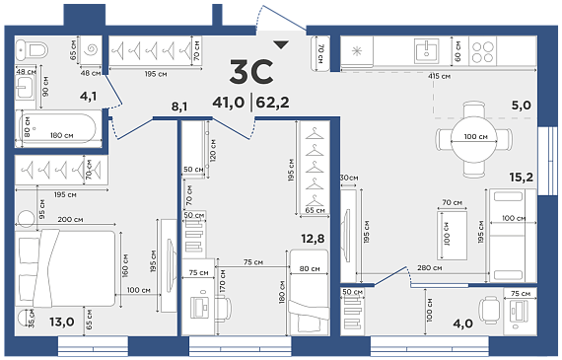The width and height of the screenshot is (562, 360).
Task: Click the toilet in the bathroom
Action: point(32,50)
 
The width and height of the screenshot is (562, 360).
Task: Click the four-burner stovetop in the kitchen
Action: point(483,52)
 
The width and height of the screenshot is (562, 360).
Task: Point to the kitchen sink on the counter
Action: point(426,51)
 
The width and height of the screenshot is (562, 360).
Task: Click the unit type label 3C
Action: point(251,72)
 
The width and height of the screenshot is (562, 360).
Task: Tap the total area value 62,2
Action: point(272,103)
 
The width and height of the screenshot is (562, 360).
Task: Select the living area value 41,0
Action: point(229,103)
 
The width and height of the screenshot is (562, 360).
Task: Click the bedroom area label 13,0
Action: point(62,322)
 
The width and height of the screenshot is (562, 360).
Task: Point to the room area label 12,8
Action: point(313,239)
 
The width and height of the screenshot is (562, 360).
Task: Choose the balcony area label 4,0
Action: point(462,324)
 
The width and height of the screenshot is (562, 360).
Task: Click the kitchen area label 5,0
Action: point(521,106)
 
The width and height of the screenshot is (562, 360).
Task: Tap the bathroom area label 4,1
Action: point(88,96)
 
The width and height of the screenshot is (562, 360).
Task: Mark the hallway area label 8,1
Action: point(179,107)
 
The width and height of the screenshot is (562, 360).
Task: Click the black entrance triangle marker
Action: point(281,44)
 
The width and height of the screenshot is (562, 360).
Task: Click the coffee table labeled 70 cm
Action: point(452,235)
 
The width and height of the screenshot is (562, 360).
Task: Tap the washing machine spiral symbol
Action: point(90,50)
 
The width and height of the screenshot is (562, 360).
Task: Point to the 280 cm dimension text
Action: point(429,268)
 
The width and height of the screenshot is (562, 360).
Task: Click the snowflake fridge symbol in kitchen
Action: point(357,51)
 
